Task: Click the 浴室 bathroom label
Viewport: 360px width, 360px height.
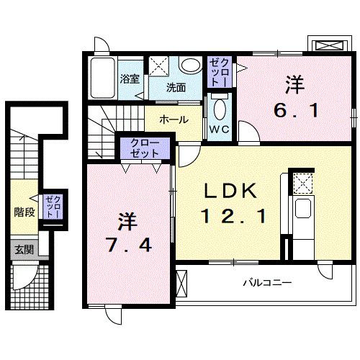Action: [130, 78]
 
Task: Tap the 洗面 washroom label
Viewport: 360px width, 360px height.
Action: [176, 88]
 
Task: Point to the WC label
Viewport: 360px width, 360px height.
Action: [220, 130]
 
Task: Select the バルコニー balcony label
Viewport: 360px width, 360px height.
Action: [266, 283]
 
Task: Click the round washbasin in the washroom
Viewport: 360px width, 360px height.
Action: [190, 66]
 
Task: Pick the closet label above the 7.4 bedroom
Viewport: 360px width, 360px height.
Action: [145, 149]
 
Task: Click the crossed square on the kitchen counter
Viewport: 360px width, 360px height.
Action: [302, 184]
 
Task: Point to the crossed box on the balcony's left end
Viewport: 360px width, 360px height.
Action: [181, 282]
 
